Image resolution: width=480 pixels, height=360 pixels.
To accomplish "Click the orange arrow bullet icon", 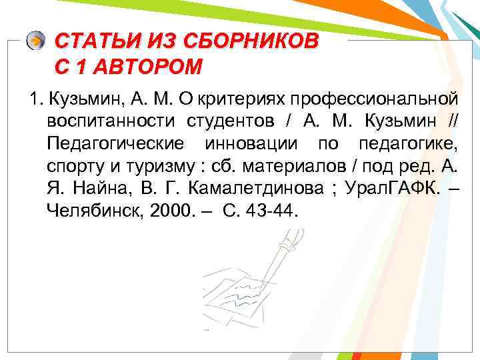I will (35, 41).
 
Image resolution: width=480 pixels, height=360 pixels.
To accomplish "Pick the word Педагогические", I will (113, 143).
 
